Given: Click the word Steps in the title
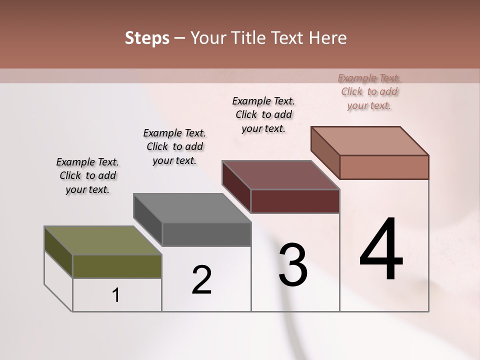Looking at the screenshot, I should click(147, 38).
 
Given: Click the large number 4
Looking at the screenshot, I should click(381, 250).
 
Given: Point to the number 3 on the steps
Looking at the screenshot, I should click(293, 265).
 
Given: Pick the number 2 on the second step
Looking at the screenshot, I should click(201, 280).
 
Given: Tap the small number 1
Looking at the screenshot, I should click(115, 295).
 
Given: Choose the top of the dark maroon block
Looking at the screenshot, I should click(280, 175).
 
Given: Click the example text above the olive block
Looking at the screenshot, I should click(87, 175).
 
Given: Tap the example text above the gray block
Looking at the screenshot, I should click(174, 146).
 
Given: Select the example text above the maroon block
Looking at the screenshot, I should click(263, 114).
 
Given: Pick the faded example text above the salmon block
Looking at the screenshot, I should click(369, 91).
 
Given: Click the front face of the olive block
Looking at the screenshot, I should click(117, 266).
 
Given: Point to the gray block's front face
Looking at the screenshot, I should click(206, 234).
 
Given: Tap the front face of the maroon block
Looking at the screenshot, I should click(295, 201).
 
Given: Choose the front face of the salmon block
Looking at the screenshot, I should click(384, 167).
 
